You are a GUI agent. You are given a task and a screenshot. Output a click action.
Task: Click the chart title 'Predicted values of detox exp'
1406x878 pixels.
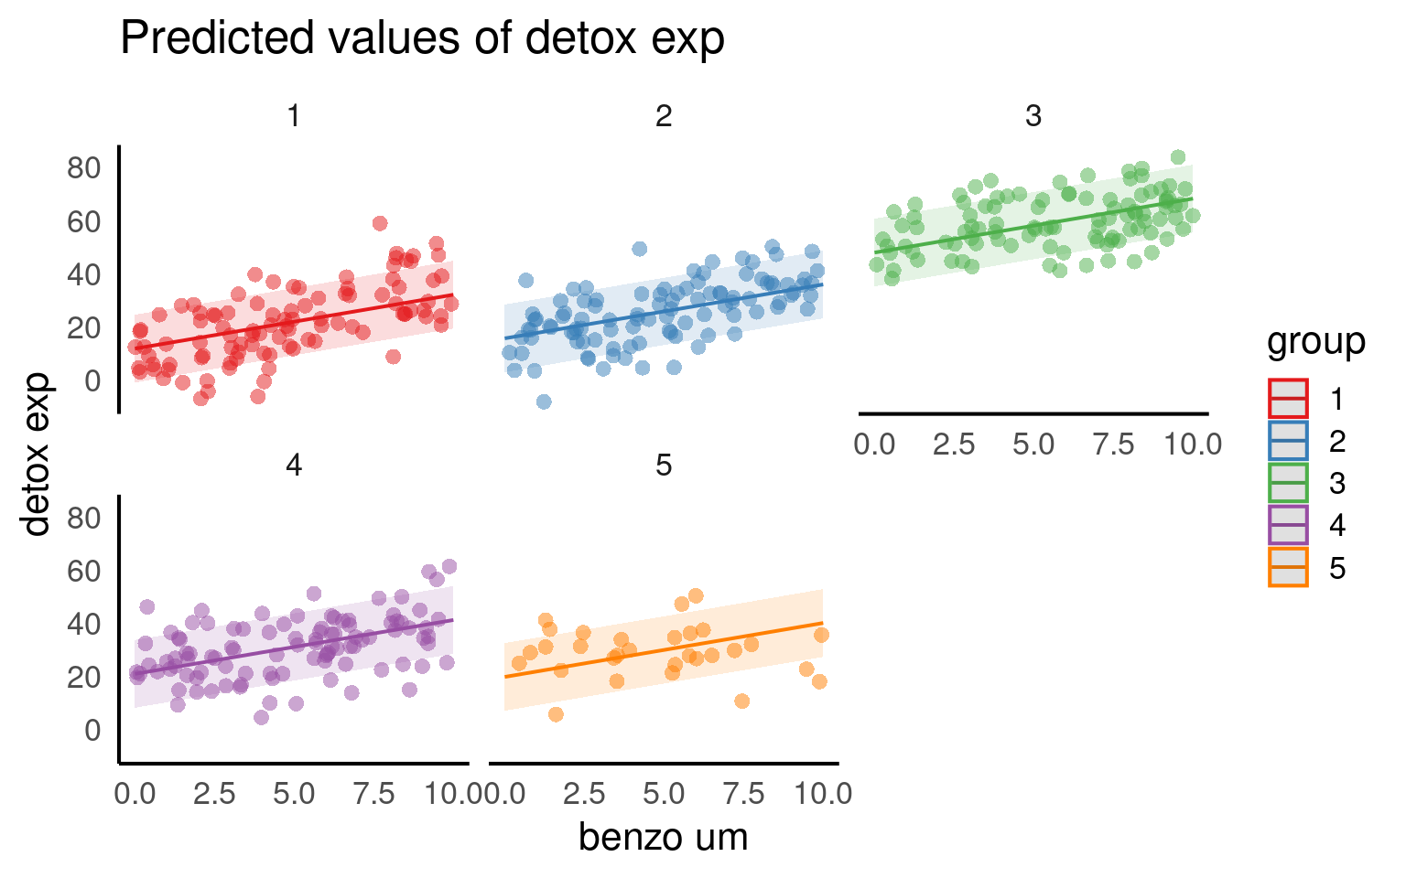pyautogui.click(x=422, y=39)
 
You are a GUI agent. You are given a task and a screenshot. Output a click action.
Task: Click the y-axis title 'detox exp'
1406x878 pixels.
pyautogui.click(x=37, y=454)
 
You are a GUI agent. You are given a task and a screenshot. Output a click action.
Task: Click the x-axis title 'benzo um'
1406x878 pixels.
pyautogui.click(x=663, y=837)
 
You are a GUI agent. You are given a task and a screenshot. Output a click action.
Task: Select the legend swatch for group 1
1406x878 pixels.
pyautogui.click(x=1288, y=399)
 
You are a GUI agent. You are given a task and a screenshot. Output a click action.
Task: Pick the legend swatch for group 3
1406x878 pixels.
pyautogui.click(x=1288, y=483)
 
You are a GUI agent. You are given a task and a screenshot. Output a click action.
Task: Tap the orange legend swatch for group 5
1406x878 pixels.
pyautogui.click(x=1288, y=567)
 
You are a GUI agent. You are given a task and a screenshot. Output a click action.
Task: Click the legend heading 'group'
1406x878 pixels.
pyautogui.click(x=1315, y=341)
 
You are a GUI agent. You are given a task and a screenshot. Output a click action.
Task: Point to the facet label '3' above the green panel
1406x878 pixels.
pyautogui.click(x=1033, y=116)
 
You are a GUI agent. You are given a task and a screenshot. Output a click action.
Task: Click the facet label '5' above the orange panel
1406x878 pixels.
pyautogui.click(x=663, y=466)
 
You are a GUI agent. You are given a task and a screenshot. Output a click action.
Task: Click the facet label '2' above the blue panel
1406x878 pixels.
pyautogui.click(x=663, y=116)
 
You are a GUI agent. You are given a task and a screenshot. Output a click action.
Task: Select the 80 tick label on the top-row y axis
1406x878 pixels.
pyautogui.click(x=83, y=168)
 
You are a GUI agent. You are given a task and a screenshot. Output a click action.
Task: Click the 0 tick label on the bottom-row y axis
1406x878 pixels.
pyautogui.click(x=92, y=730)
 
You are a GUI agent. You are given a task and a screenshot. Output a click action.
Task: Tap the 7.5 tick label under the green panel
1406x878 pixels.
pyautogui.click(x=1113, y=444)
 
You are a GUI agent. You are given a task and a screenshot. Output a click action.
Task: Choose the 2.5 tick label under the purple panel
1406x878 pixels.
pyautogui.click(x=214, y=794)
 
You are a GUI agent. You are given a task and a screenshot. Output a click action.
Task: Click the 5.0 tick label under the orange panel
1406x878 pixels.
pyautogui.click(x=663, y=794)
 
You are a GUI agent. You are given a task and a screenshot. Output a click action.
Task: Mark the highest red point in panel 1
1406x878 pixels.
pyautogui.click(x=380, y=223)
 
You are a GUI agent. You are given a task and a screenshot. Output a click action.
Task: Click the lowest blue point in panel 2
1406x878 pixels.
pyautogui.click(x=544, y=402)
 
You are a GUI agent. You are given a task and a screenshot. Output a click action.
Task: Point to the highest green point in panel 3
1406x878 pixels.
pyautogui.click(x=1178, y=157)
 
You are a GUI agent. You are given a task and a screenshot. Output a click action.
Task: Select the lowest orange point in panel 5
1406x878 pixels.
pyautogui.click(x=556, y=714)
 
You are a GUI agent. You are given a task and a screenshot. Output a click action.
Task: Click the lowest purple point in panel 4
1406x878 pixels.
pyautogui.click(x=261, y=717)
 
